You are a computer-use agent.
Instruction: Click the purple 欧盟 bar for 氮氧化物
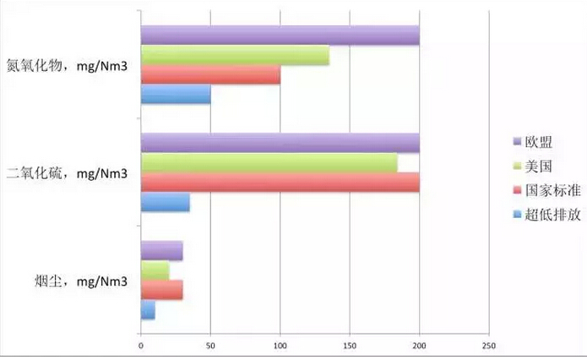coord(280,35)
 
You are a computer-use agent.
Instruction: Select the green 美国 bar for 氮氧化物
coord(235,56)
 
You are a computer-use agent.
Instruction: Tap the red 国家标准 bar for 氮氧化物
coord(210,75)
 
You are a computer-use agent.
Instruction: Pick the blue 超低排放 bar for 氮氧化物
coord(176,95)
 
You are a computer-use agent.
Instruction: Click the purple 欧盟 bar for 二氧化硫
coord(280,143)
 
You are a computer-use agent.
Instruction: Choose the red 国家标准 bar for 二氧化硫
coord(280,183)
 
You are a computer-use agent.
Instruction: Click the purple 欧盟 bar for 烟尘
coord(161,251)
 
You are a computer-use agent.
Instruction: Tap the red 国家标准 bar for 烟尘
coord(161,291)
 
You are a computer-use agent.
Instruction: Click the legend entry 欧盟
coord(537,140)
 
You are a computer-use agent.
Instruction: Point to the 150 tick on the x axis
coord(350,345)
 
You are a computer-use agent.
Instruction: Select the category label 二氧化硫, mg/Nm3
coord(68,174)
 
